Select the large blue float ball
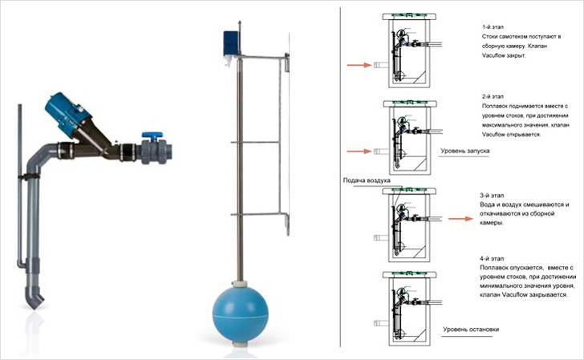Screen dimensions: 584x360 click(x=240, y=314)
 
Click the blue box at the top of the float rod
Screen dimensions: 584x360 click(x=230, y=43)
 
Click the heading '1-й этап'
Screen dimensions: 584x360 click(x=493, y=27)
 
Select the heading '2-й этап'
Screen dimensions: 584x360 click(x=493, y=96)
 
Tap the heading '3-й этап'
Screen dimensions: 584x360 click(x=492, y=196)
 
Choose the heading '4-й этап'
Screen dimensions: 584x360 click(x=492, y=258)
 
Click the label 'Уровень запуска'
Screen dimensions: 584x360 click(x=464, y=152)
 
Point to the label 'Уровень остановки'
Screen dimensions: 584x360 click(x=471, y=330)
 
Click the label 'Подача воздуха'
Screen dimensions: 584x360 click(x=367, y=180)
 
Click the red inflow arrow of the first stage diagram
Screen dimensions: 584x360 click(x=359, y=65)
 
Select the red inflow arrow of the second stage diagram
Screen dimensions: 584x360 click(x=359, y=152)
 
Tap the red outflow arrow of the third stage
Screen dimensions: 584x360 click(x=460, y=219)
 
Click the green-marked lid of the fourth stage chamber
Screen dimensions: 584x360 click(x=409, y=275)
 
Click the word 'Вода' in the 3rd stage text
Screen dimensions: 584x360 click(x=487, y=204)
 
